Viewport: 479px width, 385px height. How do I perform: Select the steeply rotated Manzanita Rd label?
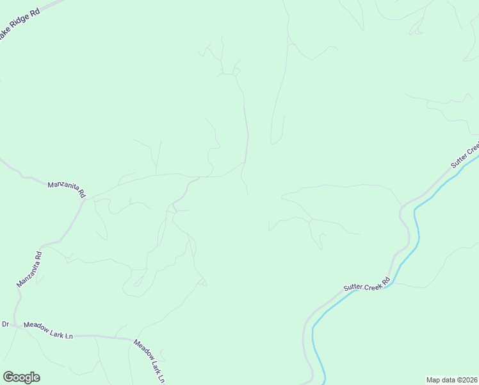[29, 269]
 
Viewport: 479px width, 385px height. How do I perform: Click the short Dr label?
[5, 325]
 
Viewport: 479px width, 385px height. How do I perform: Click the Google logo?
[21, 377]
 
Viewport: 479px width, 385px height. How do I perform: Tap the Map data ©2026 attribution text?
[451, 379]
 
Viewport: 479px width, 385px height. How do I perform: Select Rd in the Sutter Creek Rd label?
[386, 280]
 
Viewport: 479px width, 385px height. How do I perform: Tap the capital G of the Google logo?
[8, 377]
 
